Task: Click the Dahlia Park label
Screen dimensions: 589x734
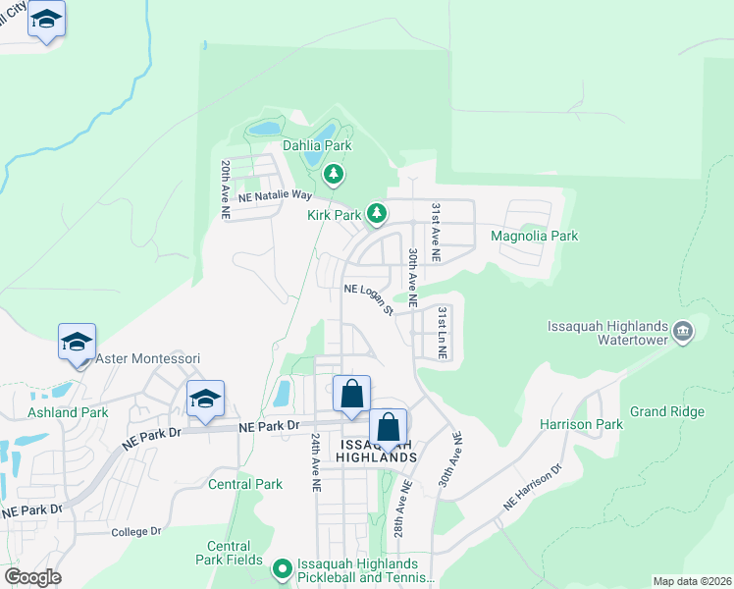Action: (317, 145)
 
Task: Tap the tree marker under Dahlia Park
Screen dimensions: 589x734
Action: (335, 175)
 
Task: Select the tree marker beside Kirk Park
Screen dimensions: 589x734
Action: (376, 212)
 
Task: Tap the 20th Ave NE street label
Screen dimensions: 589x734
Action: (226, 188)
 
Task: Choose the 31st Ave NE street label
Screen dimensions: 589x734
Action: (436, 232)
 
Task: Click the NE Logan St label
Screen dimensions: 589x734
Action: (368, 298)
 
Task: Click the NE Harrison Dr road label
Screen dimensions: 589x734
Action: (533, 487)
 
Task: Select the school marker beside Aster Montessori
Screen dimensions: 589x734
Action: (77, 343)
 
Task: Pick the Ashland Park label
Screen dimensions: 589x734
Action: (69, 412)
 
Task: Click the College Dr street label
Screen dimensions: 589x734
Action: (135, 531)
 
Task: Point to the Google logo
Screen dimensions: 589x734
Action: (32, 577)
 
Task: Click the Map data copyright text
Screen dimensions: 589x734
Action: (691, 581)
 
